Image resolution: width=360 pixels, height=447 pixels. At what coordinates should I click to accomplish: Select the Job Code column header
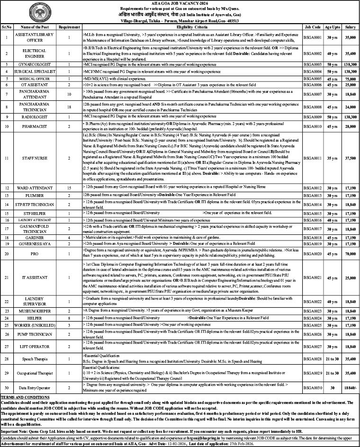[x=314, y=28]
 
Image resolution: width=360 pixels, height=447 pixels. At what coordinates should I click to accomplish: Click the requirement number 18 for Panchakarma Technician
[x=69, y=107]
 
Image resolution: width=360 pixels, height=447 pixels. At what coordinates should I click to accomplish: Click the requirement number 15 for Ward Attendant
[x=69, y=188]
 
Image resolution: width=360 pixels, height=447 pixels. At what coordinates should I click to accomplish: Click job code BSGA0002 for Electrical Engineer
[x=314, y=54]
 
